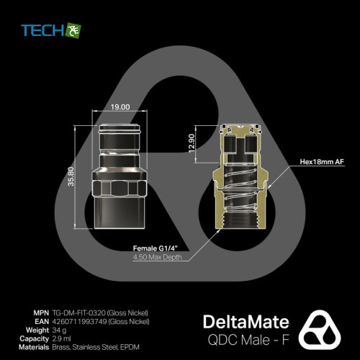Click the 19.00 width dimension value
120,107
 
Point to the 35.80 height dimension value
71,176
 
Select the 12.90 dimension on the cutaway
192,143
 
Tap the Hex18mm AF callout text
322,162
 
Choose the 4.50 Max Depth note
158,257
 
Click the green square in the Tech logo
73,30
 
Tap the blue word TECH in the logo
42,30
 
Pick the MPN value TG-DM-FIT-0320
79,313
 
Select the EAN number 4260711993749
79,322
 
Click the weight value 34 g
59,330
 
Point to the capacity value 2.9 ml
61,338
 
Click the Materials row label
34,347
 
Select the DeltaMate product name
246,322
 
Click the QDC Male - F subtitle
248,340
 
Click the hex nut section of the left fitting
120,189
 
